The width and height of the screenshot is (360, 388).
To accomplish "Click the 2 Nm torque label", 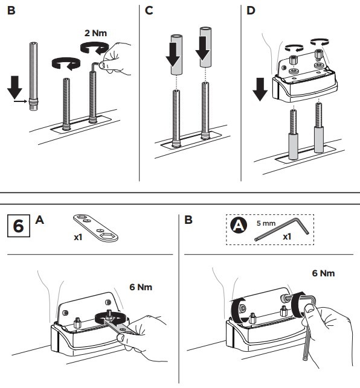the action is coord(95,33).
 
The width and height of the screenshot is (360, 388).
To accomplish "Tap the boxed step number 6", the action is coord(19,226).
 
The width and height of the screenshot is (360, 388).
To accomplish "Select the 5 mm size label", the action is coord(266,223).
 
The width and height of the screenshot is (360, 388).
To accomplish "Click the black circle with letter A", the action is coord(239,226).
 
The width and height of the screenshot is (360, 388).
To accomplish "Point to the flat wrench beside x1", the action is coord(95,228).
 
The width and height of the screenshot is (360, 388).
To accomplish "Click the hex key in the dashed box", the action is coord(282,229).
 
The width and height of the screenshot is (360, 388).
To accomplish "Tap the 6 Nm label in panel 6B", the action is coord(323,273).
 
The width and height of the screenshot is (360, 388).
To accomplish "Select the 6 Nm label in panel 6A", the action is coord(141,287).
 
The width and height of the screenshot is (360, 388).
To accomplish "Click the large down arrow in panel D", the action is coord(260,89).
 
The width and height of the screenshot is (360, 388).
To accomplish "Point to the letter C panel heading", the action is coord(149,11).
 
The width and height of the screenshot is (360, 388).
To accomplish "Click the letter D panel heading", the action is coord(251,11).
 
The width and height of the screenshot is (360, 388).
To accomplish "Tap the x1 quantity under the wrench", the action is coord(78,238).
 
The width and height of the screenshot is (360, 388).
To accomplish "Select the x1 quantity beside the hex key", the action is coord(287,237).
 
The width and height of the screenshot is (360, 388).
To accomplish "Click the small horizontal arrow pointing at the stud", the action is coord(20,101).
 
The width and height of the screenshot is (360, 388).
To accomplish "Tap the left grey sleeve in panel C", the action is coord(176,55).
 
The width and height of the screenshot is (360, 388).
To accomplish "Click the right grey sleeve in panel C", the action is coord(205,47).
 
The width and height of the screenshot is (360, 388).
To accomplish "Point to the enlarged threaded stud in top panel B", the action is coord(33,77).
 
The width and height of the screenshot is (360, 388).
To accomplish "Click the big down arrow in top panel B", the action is coord(14,87).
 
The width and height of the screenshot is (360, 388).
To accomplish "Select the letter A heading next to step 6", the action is coord(40,220).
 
